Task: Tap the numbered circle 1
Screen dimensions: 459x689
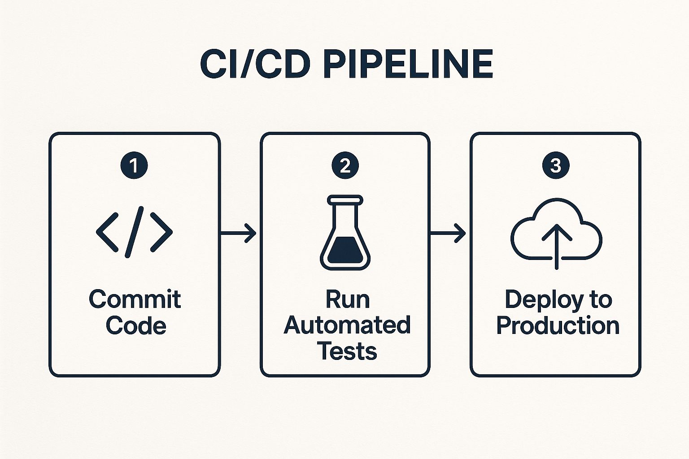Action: pyautogui.click(x=134, y=165)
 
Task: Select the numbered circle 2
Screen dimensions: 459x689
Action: pyautogui.click(x=345, y=165)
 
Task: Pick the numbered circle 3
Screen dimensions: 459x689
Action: pyautogui.click(x=556, y=165)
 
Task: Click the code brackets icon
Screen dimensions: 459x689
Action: pyautogui.click(x=134, y=232)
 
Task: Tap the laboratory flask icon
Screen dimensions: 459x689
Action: pyautogui.click(x=345, y=233)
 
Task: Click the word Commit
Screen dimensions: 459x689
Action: pyautogui.click(x=135, y=299)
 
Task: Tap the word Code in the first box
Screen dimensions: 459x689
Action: pyautogui.click(x=136, y=325)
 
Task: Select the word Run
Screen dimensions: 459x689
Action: pyautogui.click(x=347, y=299)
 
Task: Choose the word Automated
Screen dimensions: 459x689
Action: pyautogui.click(x=347, y=325)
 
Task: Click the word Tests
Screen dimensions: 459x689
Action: pyautogui.click(x=347, y=351)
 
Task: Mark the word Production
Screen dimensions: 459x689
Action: pyautogui.click(x=558, y=325)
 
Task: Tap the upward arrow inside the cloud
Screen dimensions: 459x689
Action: pyautogui.click(x=556, y=244)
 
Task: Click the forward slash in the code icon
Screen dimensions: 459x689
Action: pyautogui.click(x=134, y=232)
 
